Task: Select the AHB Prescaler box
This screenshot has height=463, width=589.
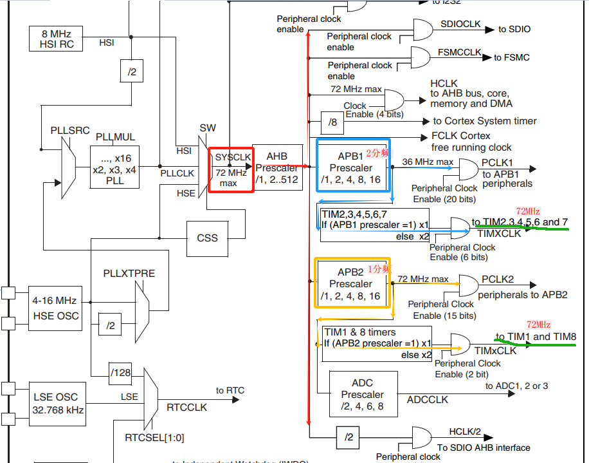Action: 277,168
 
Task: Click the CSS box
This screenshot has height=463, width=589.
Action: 207,238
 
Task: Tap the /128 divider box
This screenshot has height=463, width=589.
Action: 120,373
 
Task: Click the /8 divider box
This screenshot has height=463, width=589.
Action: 332,121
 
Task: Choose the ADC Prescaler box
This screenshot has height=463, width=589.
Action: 362,395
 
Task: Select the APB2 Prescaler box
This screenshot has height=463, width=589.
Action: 352,283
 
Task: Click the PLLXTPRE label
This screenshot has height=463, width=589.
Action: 129,273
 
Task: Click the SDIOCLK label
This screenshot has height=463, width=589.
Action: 460,24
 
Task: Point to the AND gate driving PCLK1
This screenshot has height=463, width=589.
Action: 465,169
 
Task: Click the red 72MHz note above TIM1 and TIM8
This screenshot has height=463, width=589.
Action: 539,325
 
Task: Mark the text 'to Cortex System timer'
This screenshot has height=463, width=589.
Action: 484,121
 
